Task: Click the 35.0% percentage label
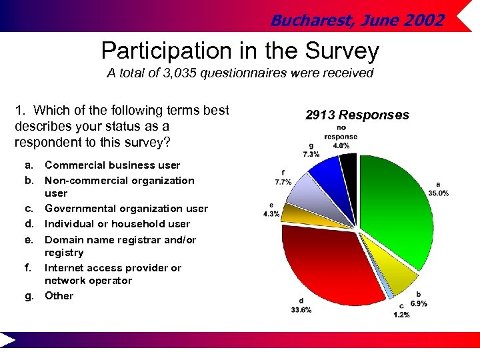click(438, 193)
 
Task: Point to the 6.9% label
click(418, 303)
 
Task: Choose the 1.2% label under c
click(401, 315)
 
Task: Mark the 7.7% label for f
click(283, 181)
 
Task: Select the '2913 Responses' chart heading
click(357, 115)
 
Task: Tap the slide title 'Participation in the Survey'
click(240, 51)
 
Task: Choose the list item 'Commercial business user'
click(112, 165)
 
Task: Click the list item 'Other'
click(59, 296)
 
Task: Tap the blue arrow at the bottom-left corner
click(8, 341)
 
